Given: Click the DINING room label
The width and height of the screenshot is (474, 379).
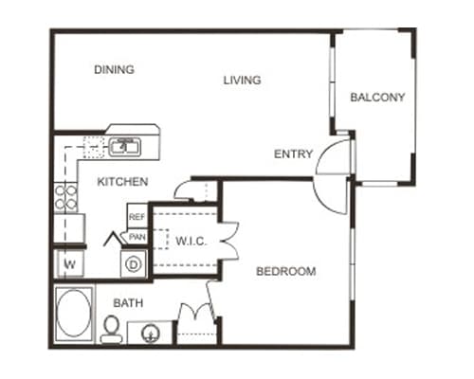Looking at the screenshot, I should (115, 69).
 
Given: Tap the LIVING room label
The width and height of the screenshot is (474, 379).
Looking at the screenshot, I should (242, 80).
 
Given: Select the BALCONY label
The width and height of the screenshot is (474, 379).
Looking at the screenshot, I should (377, 97).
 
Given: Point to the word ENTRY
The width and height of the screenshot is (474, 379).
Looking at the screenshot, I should (293, 154).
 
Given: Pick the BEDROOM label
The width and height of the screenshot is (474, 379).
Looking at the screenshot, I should (285, 272).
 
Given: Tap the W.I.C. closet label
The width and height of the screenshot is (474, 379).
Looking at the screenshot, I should (191, 242).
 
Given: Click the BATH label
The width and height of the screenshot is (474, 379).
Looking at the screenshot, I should (128, 303).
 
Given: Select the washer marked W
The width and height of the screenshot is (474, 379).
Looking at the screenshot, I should (69, 262).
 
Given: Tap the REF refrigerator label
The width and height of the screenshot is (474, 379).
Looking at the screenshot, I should (137, 217).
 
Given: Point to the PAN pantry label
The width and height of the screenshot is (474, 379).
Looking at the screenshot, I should (137, 237).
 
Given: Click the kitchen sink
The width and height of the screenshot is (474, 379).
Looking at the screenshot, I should (123, 147).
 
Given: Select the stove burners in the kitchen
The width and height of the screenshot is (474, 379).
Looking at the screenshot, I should (66, 198).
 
